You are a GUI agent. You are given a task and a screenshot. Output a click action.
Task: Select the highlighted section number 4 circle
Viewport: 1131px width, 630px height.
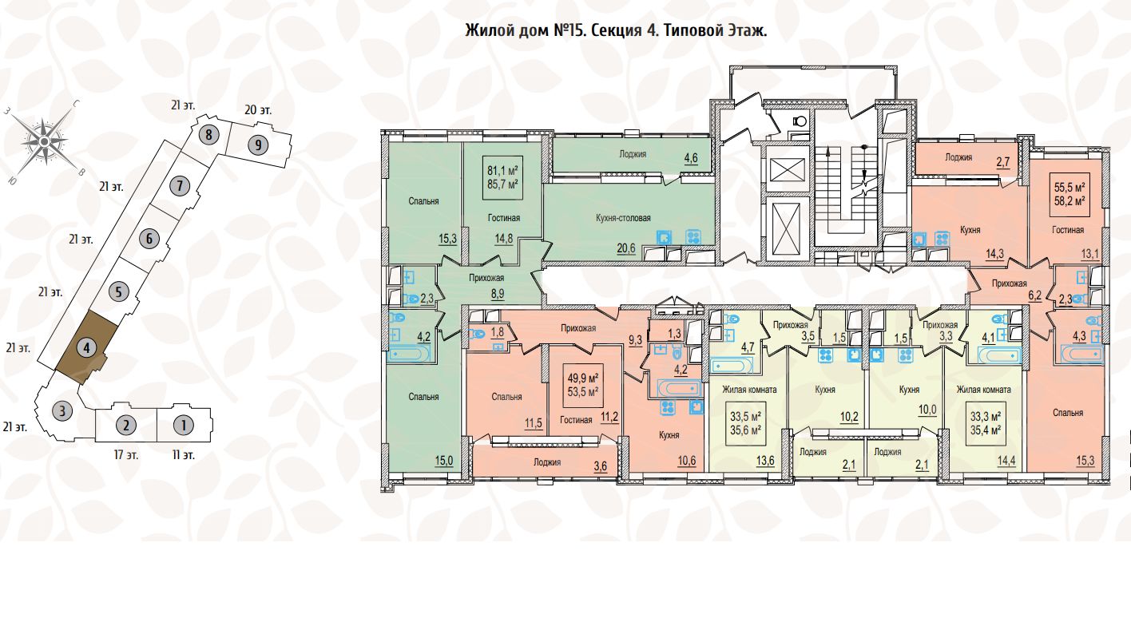(x=88, y=348)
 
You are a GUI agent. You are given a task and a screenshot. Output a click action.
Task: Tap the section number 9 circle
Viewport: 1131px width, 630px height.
(x=256, y=145)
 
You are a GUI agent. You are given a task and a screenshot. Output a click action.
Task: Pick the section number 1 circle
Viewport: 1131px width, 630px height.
(x=184, y=425)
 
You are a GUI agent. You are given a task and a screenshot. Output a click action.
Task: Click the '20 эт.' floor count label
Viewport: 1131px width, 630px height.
(x=256, y=110)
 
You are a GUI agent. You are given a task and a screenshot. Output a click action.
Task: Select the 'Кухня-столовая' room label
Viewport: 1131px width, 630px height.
(x=624, y=217)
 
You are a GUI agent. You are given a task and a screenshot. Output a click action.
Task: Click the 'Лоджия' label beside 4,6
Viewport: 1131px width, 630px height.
(x=632, y=154)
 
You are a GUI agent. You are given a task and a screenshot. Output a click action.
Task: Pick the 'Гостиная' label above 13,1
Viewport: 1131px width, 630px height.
(x=1068, y=230)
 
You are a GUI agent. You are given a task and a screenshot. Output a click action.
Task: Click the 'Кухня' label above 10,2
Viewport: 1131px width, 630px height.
(x=826, y=390)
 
